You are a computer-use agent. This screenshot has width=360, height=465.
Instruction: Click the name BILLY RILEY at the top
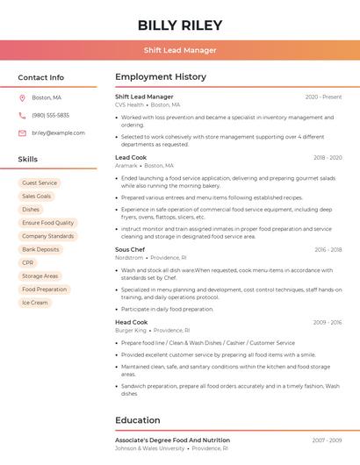pyautogui.click(x=180, y=25)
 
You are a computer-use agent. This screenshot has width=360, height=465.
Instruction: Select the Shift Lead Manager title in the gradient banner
pyautogui.click(x=180, y=50)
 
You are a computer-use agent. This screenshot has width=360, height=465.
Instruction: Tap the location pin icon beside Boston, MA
pyautogui.click(x=22, y=97)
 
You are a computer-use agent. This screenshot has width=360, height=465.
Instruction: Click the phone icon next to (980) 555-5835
pyautogui.click(x=22, y=115)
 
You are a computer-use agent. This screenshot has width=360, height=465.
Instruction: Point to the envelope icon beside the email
pyautogui.click(x=22, y=132)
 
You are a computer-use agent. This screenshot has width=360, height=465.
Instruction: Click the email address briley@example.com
pyautogui.click(x=58, y=132)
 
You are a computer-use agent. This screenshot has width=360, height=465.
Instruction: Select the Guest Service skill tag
pyautogui.click(x=40, y=182)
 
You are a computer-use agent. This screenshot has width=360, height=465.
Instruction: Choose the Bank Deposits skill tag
pyautogui.click(x=40, y=249)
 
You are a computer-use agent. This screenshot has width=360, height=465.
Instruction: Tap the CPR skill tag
pyautogui.click(x=28, y=262)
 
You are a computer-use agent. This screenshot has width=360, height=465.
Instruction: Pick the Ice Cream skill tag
pyautogui.click(x=34, y=302)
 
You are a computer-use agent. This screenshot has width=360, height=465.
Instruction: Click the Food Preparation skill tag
pyautogui.click(x=44, y=289)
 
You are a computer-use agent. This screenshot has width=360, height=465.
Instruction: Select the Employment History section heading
pyautogui.click(x=161, y=77)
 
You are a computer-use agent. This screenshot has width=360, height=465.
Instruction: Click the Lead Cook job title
pyautogui.click(x=131, y=157)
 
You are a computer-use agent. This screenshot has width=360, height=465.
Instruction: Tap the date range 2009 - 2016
pyautogui.click(x=327, y=322)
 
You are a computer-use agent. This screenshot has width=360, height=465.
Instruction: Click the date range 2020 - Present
pyautogui.click(x=323, y=97)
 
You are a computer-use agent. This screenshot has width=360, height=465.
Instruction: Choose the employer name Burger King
pyautogui.click(x=131, y=330)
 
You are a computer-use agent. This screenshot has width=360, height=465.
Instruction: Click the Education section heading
pyautogui.click(x=138, y=419)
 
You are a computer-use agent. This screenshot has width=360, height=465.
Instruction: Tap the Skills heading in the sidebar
pyautogui.click(x=28, y=159)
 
